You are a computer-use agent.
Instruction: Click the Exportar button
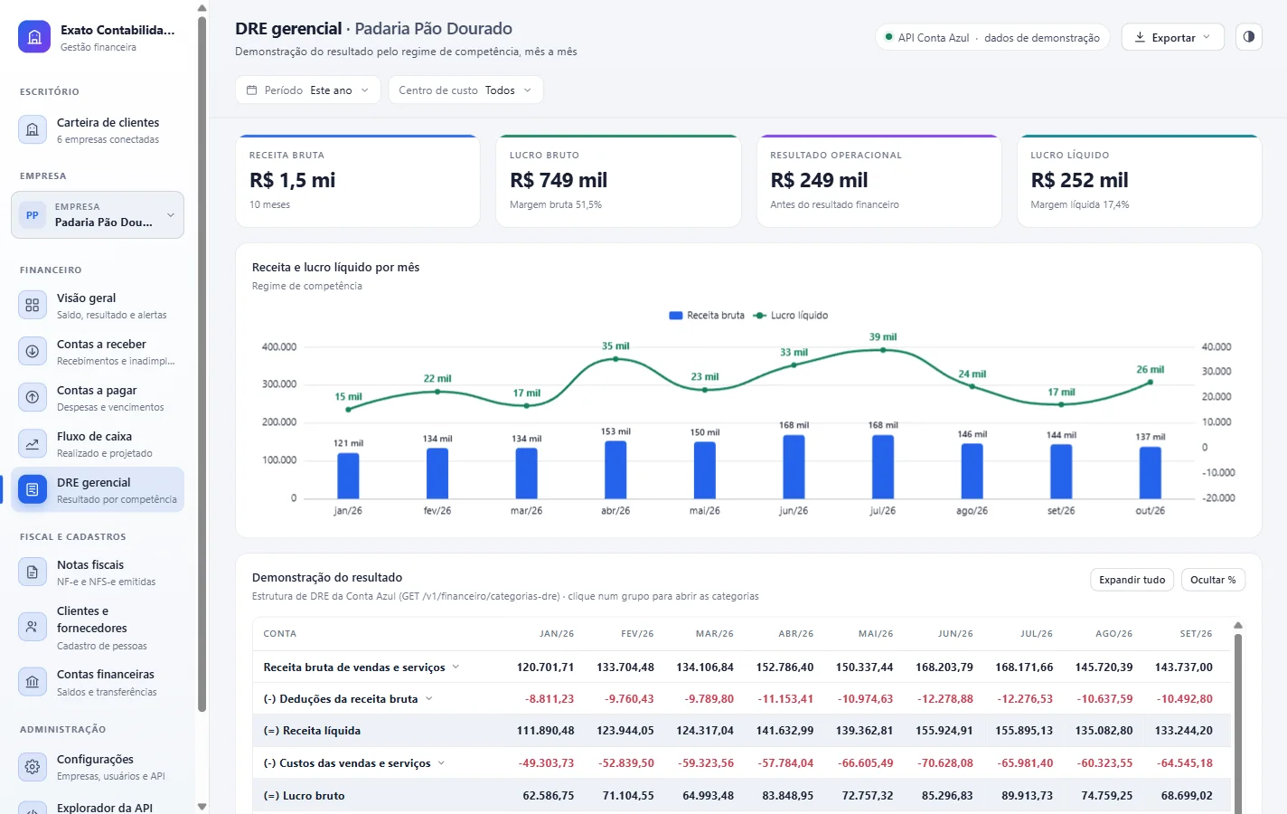click(1172, 37)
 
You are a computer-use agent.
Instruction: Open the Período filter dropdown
click(308, 90)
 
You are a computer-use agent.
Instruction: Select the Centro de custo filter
click(465, 90)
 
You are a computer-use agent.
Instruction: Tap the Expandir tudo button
click(1132, 580)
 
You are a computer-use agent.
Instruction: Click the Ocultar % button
click(1213, 580)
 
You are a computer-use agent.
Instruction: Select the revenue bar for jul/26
click(882, 466)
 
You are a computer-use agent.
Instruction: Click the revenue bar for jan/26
click(348, 476)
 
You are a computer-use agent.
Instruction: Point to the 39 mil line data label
click(882, 336)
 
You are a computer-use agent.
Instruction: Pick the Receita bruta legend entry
click(707, 315)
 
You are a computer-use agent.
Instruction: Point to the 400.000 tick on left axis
click(279, 346)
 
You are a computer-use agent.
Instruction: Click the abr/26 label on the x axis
click(615, 510)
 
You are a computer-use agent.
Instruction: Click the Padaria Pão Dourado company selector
click(98, 215)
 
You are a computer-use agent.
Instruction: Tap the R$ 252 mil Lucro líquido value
click(1079, 180)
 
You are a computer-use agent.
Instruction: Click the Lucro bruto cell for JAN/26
click(548, 796)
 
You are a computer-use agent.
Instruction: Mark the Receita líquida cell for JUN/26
click(944, 731)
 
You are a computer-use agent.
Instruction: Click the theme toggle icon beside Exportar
click(1248, 37)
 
